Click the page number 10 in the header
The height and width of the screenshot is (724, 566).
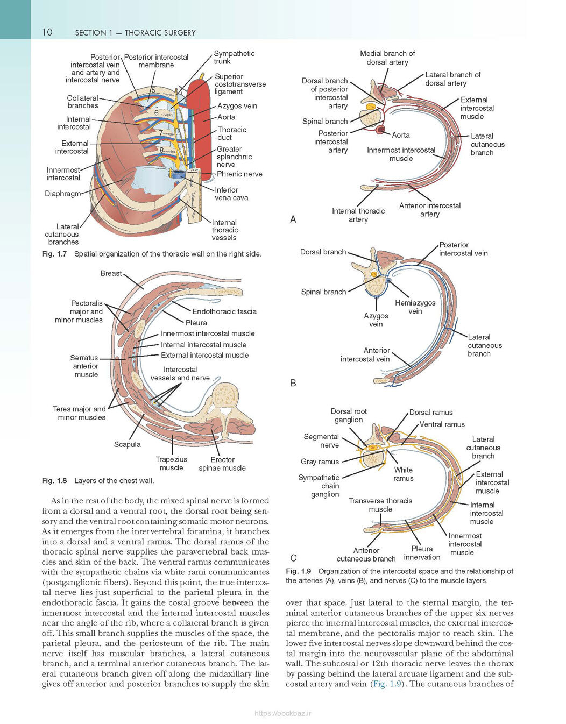(47, 32)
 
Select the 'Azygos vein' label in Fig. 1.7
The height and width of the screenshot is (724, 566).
(237, 106)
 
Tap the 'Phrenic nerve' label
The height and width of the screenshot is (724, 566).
(239, 174)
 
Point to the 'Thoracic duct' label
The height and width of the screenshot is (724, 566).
(232, 133)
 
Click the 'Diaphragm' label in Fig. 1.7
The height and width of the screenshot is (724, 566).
(62, 194)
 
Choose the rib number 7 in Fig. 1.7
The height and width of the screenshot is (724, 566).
(161, 133)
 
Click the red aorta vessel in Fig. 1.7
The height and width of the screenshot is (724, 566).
(199, 126)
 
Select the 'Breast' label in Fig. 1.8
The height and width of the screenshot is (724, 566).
(111, 273)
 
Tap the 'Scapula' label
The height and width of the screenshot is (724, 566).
(128, 444)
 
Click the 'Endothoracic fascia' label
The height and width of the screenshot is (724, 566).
(224, 311)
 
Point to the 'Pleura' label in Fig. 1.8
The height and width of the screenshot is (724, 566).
(196, 323)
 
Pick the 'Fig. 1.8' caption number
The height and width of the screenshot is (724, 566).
(54, 480)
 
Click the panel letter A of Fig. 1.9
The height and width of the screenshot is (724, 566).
(293, 219)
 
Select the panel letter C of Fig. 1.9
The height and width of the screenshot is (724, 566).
(294, 558)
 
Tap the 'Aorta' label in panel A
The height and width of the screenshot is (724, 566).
(401, 135)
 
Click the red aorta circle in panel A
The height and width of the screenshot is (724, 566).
(380, 129)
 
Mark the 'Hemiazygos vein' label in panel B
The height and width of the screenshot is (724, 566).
(415, 307)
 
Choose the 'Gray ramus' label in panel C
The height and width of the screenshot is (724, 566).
(320, 462)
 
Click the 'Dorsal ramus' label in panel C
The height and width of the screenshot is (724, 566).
(431, 413)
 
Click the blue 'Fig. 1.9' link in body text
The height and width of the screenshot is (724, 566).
(387, 684)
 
